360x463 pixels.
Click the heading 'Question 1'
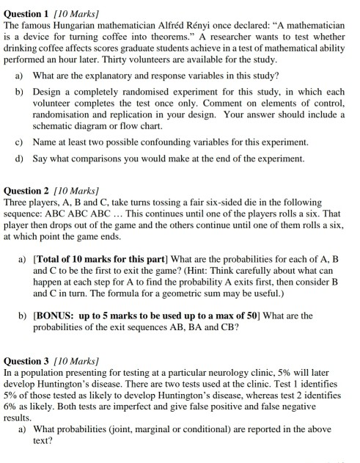click(x=26, y=6)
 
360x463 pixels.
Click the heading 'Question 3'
click(x=26, y=362)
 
